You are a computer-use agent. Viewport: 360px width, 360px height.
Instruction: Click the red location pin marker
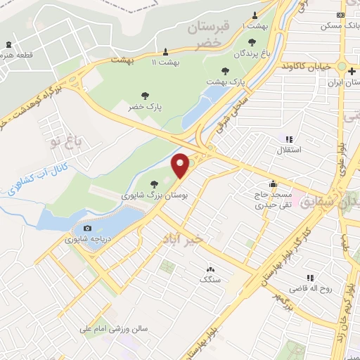pyautogui.click(x=181, y=166)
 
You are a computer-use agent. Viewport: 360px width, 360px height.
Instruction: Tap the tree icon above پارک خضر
pyautogui.click(x=145, y=95)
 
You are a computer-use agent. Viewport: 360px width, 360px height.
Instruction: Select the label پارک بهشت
pyautogui.click(x=225, y=82)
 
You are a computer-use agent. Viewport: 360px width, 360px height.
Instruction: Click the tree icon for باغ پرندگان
pyautogui.click(x=252, y=42)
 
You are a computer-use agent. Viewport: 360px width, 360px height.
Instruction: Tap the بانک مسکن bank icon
pyautogui.click(x=341, y=15)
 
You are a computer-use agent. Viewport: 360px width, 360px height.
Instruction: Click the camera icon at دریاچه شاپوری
pyautogui.click(x=87, y=228)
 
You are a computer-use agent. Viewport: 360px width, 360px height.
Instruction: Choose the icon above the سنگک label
pyautogui.click(x=210, y=269)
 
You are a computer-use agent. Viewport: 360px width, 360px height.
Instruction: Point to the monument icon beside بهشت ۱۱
pyautogui.click(x=165, y=51)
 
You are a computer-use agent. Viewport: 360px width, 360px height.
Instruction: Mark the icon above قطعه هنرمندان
pyautogui.click(x=8, y=45)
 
